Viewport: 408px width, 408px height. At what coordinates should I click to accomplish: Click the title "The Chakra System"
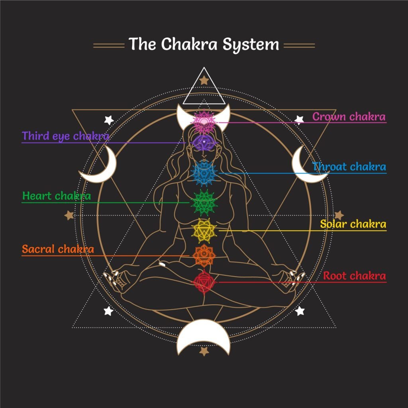tap(204, 44)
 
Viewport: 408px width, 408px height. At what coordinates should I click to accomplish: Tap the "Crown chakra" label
tap(349, 117)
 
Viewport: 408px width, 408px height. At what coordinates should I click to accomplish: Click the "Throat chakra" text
tap(349, 167)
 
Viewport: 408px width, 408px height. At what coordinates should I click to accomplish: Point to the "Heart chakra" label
tap(57, 196)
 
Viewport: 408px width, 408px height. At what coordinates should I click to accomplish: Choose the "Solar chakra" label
tap(353, 224)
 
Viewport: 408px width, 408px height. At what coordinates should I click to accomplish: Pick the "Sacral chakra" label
tap(58, 249)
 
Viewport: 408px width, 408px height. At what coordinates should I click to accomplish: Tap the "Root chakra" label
tap(354, 276)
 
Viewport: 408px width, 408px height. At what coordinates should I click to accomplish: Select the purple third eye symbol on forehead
tap(204, 141)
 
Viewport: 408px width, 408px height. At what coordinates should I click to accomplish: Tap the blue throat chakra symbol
tap(204, 172)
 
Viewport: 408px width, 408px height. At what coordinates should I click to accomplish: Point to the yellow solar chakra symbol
tap(204, 230)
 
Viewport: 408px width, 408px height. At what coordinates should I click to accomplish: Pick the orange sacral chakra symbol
tap(204, 255)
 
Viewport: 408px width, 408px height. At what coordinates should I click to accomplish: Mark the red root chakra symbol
tap(204, 282)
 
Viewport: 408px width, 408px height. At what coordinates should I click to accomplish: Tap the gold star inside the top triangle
tap(204, 81)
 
